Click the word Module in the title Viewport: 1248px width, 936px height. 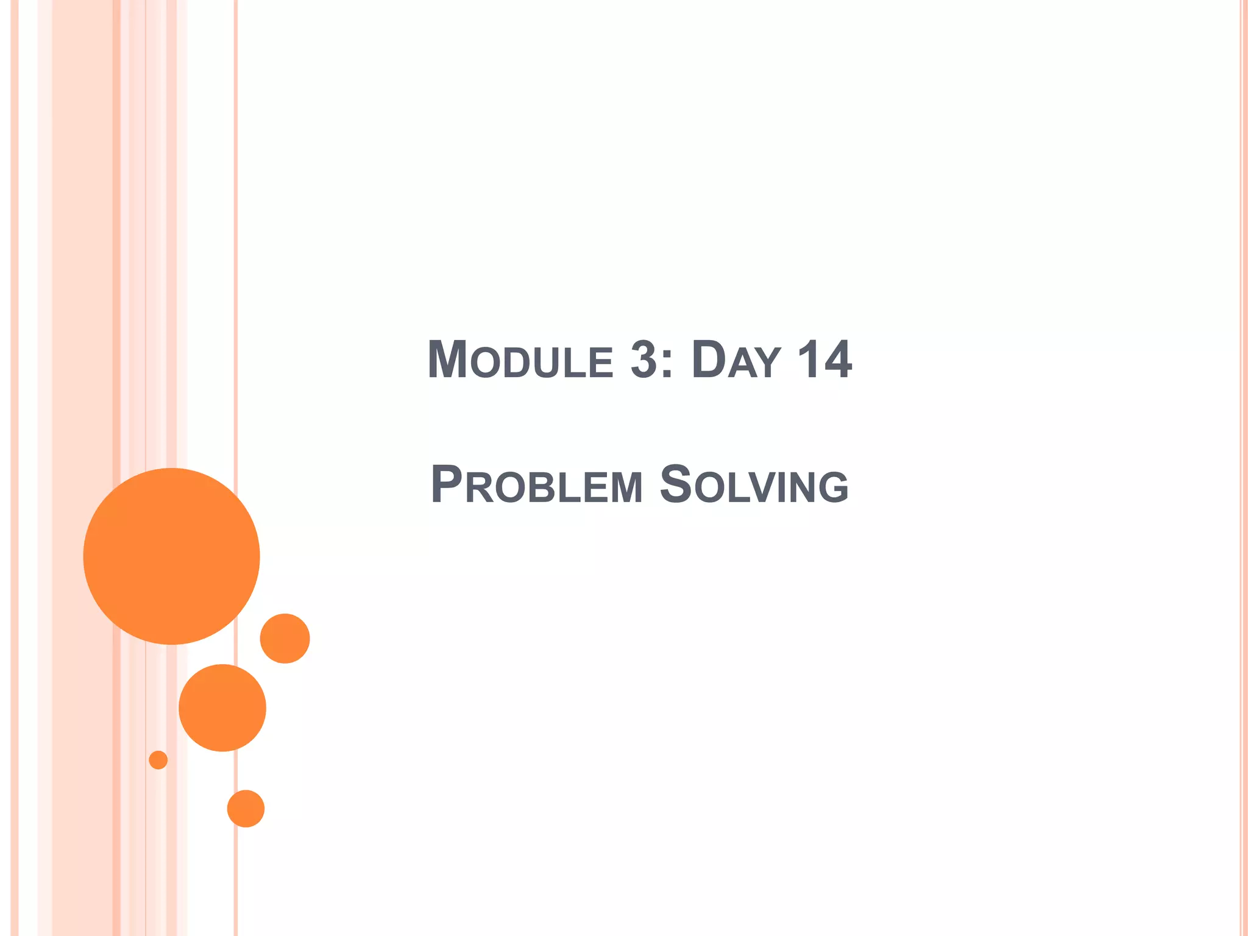click(x=520, y=360)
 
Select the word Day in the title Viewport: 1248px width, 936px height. click(x=736, y=360)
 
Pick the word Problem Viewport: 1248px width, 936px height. click(x=536, y=485)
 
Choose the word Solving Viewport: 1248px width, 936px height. click(x=754, y=485)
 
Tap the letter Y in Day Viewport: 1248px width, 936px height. click(x=767, y=364)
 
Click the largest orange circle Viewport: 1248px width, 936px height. click(x=171, y=556)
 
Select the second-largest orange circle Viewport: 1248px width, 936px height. click(x=222, y=707)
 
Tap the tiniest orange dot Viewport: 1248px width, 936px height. click(x=158, y=760)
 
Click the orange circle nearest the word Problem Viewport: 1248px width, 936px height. click(x=285, y=638)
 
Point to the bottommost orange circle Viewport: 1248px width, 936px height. click(x=246, y=809)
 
